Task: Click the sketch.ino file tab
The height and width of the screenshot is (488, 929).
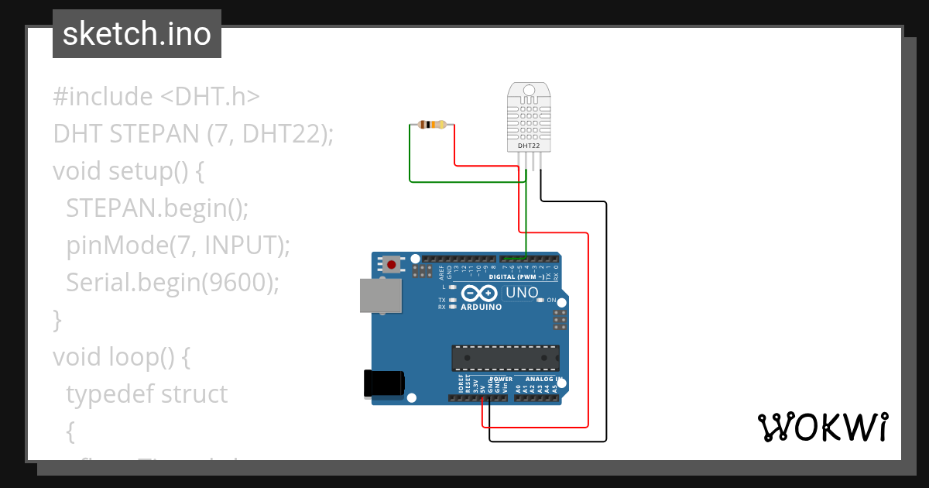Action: coord(137,34)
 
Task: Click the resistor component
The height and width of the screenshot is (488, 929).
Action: coord(431,124)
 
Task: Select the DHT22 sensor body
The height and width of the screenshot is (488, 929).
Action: coord(530,118)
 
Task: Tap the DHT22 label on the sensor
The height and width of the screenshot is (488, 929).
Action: coord(530,146)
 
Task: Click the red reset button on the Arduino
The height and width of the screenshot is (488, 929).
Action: coord(392,265)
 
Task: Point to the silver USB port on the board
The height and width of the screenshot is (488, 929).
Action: coord(381,296)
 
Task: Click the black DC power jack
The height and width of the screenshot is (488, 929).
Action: coord(385,383)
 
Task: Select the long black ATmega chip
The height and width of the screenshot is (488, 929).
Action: coord(506,358)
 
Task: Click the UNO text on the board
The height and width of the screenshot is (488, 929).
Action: coord(522,293)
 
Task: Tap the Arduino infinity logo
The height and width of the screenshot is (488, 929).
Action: coord(480,294)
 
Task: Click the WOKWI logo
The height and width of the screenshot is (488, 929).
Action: coord(823,427)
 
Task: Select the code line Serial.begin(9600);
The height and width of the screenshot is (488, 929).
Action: coord(172,282)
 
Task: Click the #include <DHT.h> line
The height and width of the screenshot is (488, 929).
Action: coord(156,97)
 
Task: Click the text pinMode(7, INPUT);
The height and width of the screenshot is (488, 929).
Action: coord(178,245)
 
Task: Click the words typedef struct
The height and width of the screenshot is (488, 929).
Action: coord(147,393)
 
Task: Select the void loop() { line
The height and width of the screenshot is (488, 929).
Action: coord(121,356)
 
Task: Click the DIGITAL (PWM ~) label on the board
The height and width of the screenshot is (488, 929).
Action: coord(516,277)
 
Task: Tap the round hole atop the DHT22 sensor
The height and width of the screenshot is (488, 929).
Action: coord(530,91)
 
